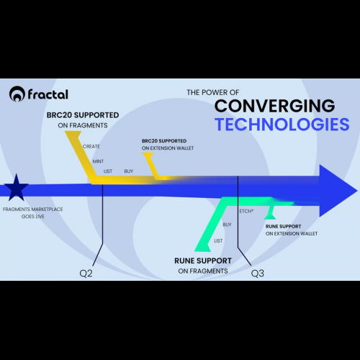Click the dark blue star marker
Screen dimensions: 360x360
tap(17, 188)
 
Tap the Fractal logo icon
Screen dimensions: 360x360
tap(17, 94)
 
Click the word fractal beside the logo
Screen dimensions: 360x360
tap(48, 94)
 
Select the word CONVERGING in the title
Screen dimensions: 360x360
tap(274, 106)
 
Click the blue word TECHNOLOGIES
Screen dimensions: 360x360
tap(282, 125)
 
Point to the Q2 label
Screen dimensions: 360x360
tap(86, 274)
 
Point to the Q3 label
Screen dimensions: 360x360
tap(258, 274)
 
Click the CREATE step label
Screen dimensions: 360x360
tap(91, 146)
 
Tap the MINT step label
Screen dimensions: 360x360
tap(98, 161)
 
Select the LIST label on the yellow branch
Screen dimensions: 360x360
tap(108, 171)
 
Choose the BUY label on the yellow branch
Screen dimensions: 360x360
tap(129, 171)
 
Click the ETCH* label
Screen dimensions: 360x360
tap(246, 211)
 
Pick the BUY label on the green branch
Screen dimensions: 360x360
tap(227, 225)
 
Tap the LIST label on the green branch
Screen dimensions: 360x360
tap(218, 240)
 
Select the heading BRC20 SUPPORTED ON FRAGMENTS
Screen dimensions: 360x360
tap(83, 120)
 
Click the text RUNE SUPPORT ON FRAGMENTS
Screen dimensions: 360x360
tap(203, 266)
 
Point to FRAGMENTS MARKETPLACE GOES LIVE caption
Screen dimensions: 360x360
tap(33, 213)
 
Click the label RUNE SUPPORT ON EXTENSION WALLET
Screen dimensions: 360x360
tap(292, 230)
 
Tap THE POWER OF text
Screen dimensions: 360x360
tap(213, 92)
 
